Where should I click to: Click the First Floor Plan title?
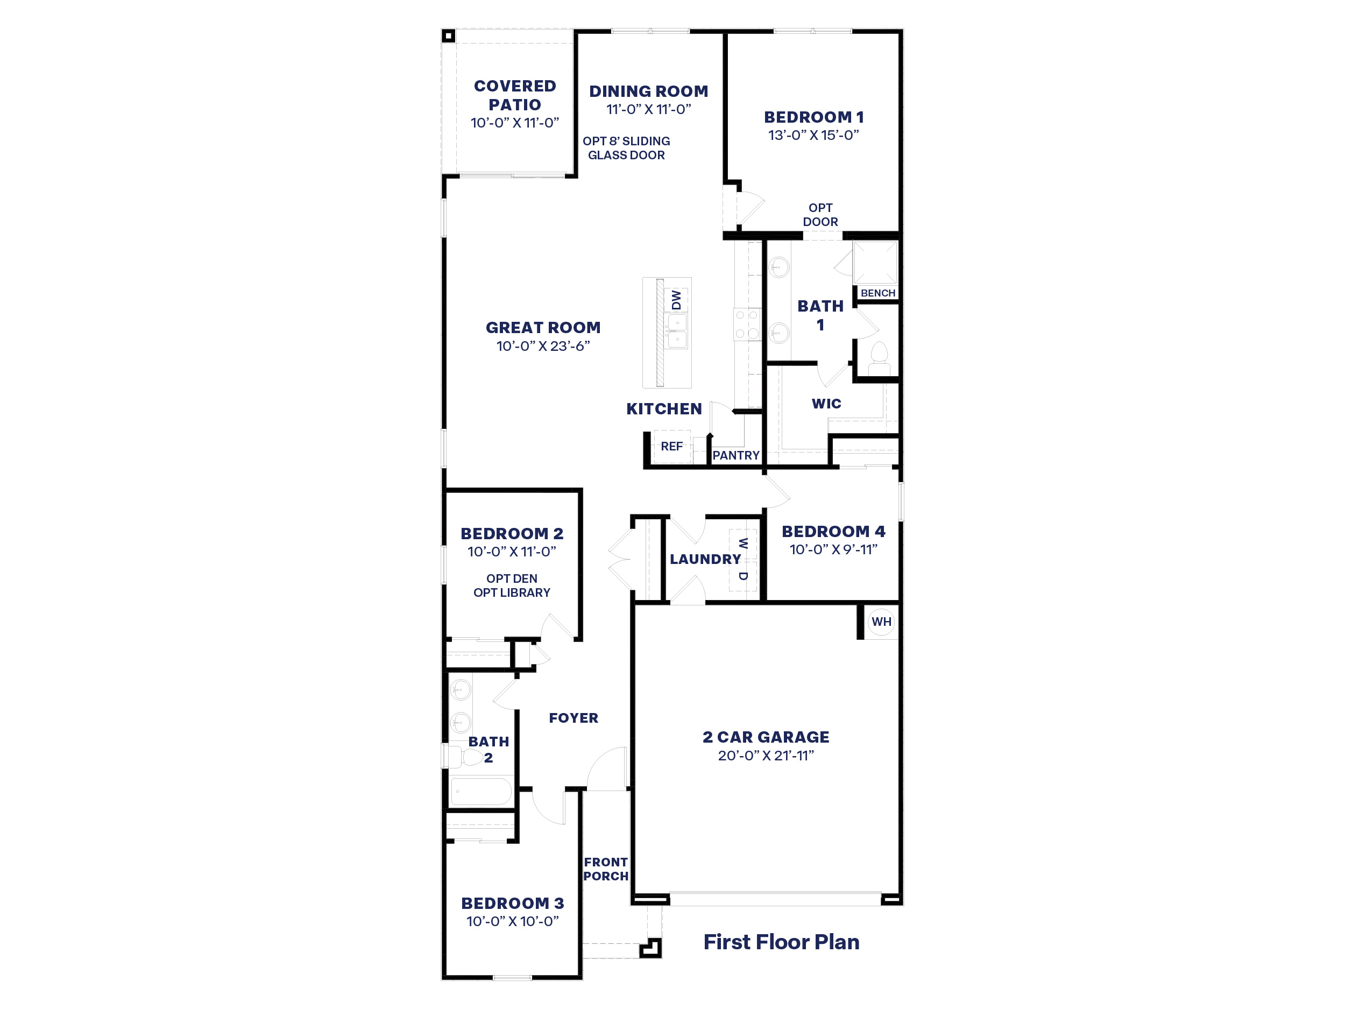(781, 942)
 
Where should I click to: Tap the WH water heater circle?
(881, 622)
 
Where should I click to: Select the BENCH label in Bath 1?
(877, 293)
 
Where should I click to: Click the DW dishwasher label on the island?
(676, 299)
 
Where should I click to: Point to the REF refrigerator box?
(671, 447)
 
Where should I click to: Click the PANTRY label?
(736, 456)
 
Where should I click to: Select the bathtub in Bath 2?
(481, 791)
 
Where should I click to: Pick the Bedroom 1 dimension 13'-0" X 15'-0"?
(813, 135)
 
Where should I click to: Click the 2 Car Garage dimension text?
(766, 756)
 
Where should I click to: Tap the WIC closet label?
(826, 404)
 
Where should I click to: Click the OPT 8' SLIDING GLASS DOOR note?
(626, 148)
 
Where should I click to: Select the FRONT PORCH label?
(606, 869)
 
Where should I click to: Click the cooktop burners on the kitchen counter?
(747, 324)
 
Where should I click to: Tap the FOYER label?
(574, 718)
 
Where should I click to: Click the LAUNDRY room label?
(705, 560)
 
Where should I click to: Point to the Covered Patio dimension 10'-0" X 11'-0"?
(514, 123)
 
